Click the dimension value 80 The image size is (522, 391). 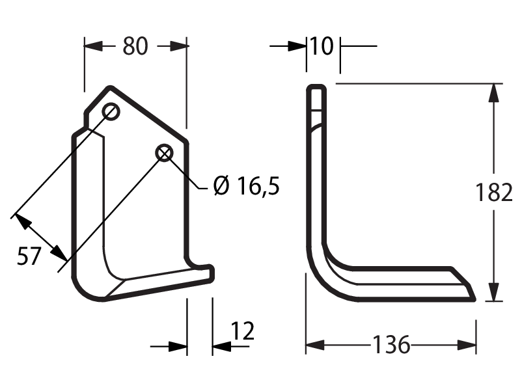[135, 46]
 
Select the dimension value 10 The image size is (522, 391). [322, 46]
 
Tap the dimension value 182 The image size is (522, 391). [493, 193]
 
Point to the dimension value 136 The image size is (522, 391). [391, 345]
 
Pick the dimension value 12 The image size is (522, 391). [242, 330]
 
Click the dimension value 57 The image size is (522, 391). [29, 256]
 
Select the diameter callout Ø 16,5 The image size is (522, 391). [246, 186]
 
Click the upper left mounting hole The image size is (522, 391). [111, 112]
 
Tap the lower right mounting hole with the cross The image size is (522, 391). [164, 154]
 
